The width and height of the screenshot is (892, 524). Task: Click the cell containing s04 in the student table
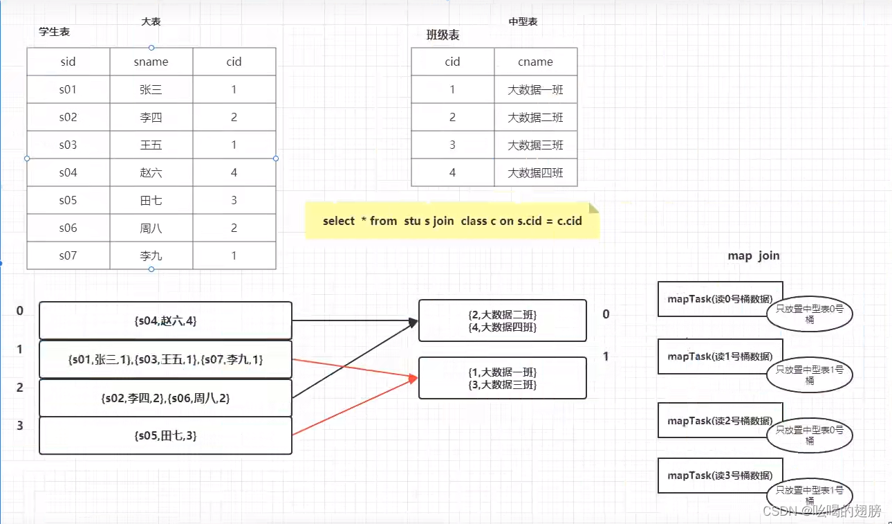tap(68, 172)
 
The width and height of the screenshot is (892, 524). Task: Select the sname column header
tap(151, 62)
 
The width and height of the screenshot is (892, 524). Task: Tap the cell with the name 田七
tap(151, 200)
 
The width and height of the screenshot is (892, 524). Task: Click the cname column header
tap(535, 62)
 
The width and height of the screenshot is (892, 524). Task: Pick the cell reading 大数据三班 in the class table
tap(535, 145)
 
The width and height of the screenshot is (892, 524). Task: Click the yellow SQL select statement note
tap(452, 221)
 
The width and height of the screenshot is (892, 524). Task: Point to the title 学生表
tap(55, 32)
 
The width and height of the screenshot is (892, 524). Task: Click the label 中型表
tap(523, 21)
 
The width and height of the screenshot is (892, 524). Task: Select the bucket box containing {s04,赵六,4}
tap(165, 320)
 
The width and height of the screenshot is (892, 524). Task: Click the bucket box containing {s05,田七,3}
tap(165, 435)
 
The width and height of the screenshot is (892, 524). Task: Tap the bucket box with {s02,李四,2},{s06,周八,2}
tap(165, 398)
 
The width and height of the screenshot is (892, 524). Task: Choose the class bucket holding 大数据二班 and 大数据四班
tap(502, 320)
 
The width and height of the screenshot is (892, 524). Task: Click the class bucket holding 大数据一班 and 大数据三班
tap(502, 378)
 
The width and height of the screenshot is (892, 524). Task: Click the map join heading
tap(753, 255)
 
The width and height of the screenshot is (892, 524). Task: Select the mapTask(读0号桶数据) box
tap(719, 298)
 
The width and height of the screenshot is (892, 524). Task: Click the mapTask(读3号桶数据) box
tap(719, 476)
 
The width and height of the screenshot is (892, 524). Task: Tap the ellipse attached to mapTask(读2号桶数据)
tap(810, 435)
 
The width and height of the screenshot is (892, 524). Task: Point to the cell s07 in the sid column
tap(68, 255)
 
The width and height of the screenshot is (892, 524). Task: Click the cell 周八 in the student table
tap(151, 228)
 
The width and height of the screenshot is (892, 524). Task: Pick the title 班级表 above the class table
tap(443, 35)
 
